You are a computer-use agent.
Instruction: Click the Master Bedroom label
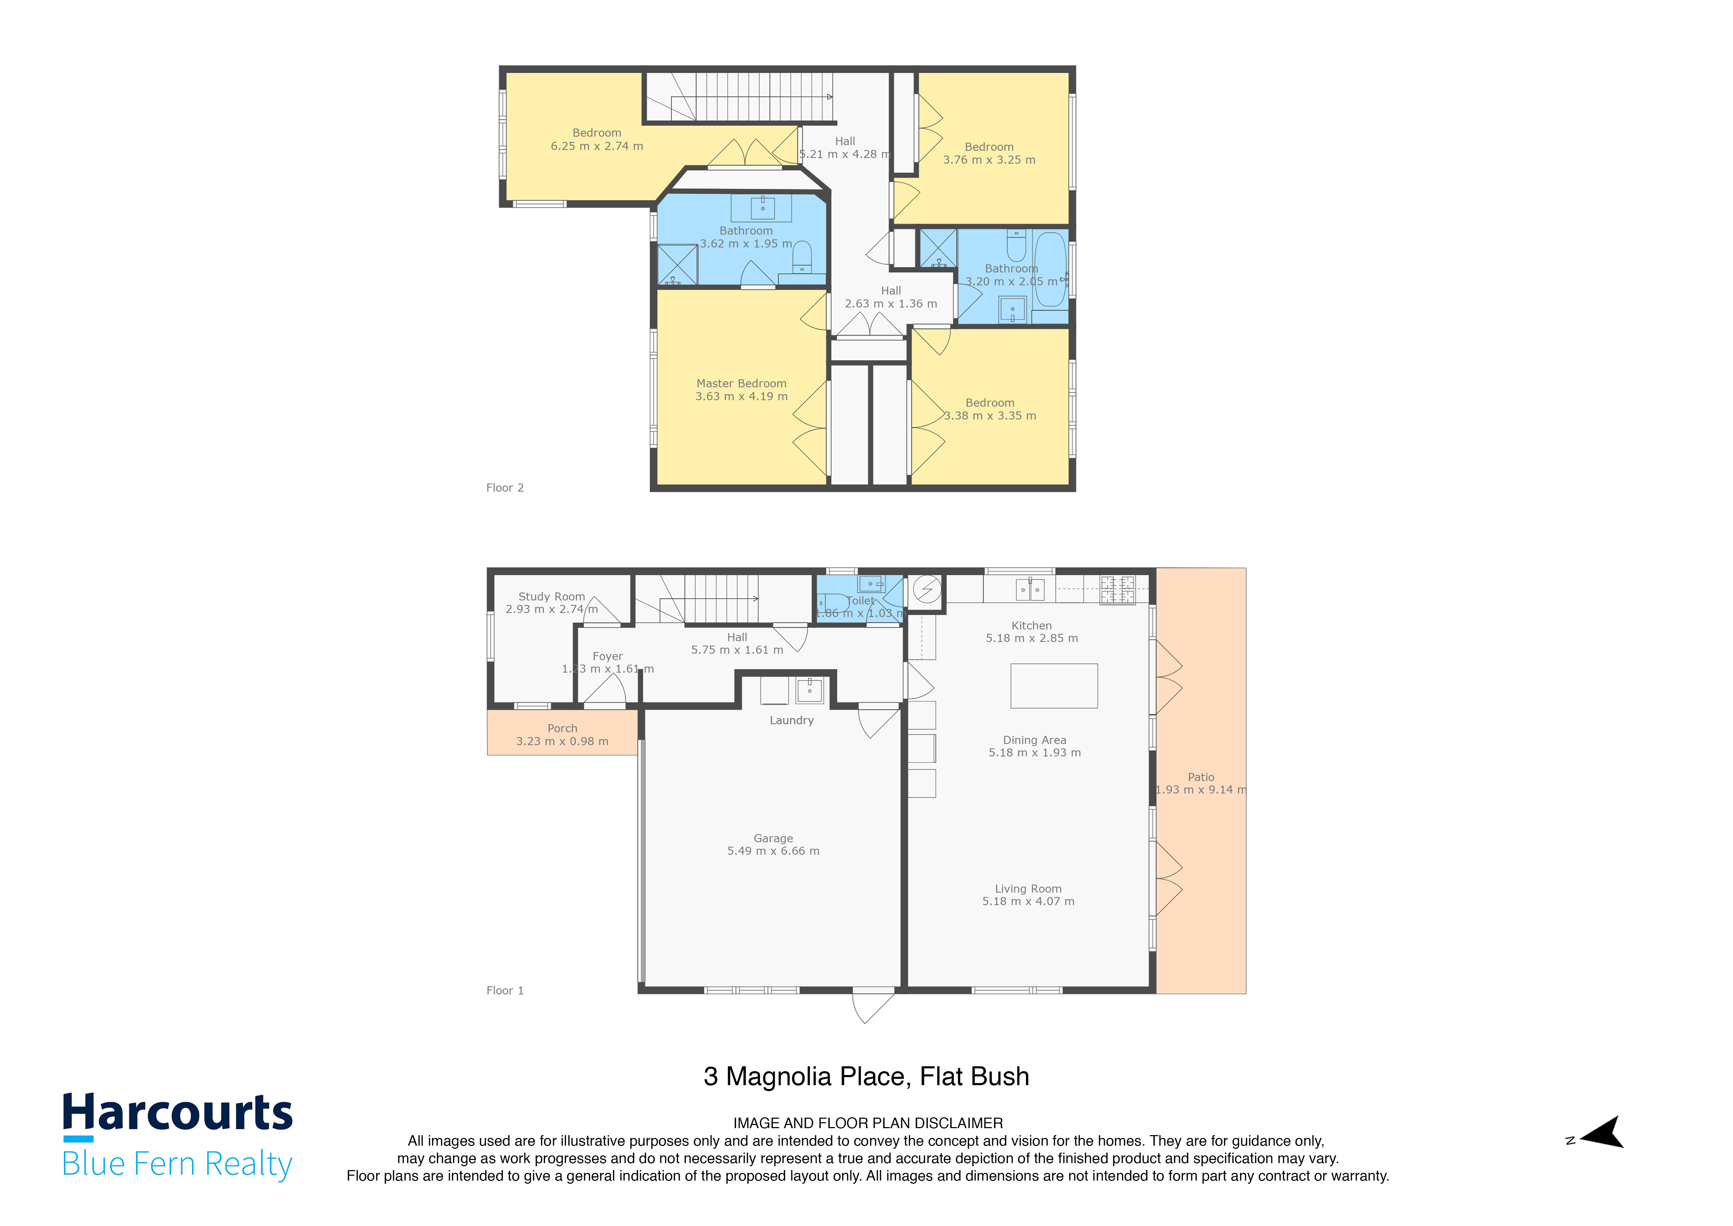tap(741, 383)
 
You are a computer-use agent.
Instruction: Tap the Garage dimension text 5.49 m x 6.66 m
tap(773, 851)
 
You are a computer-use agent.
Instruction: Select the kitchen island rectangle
tap(1054, 685)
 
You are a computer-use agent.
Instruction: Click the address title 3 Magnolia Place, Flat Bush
tap(866, 1076)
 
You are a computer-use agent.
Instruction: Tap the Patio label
tap(1201, 777)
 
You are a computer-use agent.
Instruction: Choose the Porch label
tap(562, 728)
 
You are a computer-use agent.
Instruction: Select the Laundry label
tap(791, 720)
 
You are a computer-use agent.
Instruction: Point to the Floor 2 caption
tap(504, 488)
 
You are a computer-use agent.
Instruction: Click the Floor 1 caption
tap(504, 990)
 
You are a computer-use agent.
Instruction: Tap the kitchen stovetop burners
tap(1117, 590)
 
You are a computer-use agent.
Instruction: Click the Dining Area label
tap(1034, 740)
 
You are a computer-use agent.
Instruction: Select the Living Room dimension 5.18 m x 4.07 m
tap(1028, 901)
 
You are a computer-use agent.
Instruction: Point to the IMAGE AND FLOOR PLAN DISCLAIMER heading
tap(868, 1123)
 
